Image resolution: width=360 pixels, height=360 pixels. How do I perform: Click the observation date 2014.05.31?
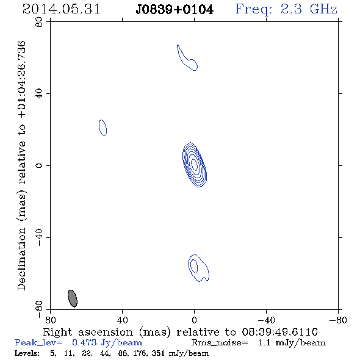coord(61,9)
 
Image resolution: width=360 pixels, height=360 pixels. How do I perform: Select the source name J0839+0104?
coord(175,10)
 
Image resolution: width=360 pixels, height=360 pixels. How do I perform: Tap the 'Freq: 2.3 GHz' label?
coord(286,10)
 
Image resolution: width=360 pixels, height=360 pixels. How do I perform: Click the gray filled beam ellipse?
coord(73,298)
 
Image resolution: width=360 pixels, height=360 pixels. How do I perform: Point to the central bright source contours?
coord(195,164)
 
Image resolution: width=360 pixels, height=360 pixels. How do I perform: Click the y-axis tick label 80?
coord(39,22)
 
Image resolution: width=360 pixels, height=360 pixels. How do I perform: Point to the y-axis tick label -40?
coord(39,237)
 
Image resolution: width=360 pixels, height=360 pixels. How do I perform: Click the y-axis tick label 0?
coord(39,165)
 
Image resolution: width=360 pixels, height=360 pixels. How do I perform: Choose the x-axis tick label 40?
coord(122,320)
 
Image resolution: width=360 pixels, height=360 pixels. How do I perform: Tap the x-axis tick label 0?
coord(194,320)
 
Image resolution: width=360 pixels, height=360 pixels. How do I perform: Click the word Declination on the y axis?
coord(22,259)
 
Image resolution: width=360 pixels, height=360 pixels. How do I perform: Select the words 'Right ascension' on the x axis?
coord(88,332)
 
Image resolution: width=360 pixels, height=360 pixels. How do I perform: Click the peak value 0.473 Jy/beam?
coord(107,342)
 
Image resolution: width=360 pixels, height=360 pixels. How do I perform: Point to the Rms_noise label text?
coord(220,342)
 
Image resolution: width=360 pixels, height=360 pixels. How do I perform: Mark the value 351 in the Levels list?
coord(158,353)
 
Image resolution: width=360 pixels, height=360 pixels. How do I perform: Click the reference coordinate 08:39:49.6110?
coord(279,332)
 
